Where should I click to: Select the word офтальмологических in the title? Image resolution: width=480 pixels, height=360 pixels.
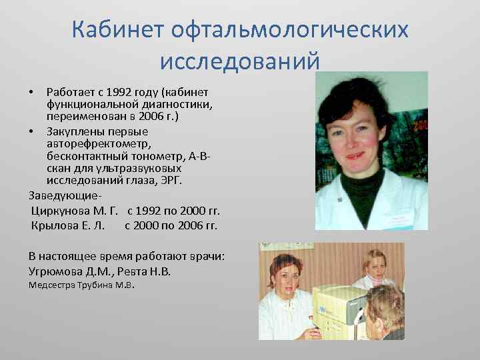(x=290, y=30)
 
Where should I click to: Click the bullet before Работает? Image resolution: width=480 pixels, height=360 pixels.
(x=33, y=91)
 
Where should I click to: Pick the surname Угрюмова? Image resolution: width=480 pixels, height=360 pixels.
(x=58, y=271)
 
